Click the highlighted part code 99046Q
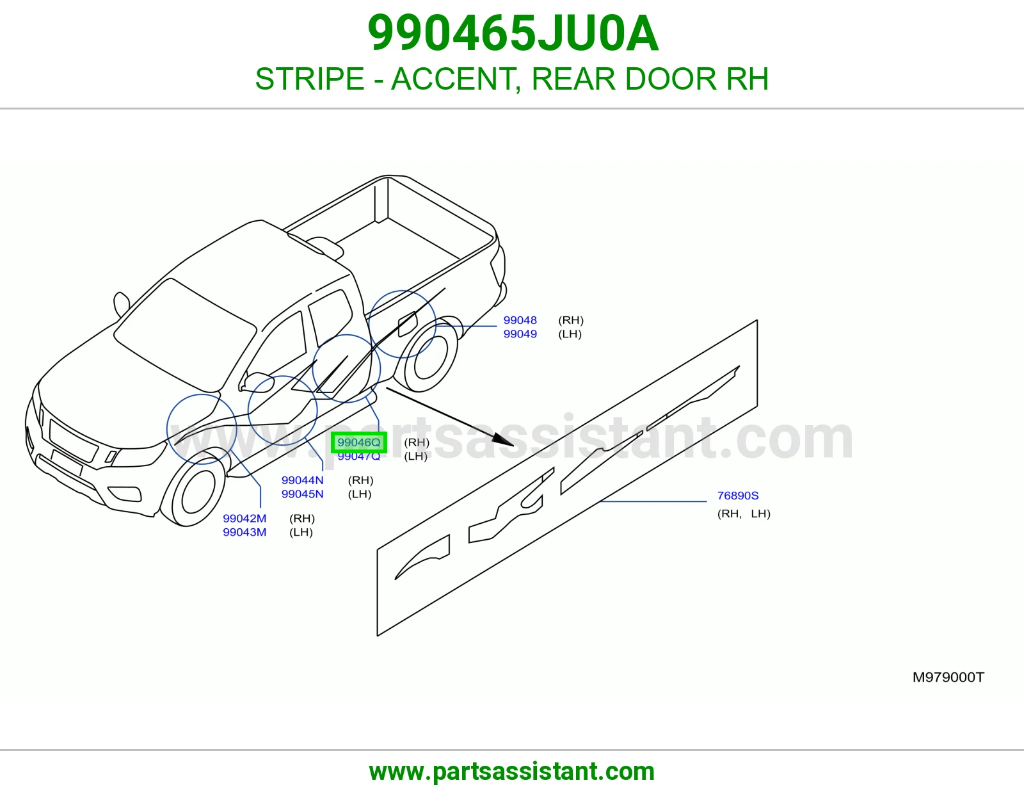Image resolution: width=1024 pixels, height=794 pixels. pyautogui.click(x=358, y=442)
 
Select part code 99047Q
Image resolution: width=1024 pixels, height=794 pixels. pyautogui.click(x=358, y=457)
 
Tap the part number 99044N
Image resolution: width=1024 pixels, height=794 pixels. pyautogui.click(x=303, y=480)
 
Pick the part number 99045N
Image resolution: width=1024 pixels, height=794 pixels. pyautogui.click(x=303, y=494)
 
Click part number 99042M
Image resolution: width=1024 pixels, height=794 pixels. pyautogui.click(x=244, y=518)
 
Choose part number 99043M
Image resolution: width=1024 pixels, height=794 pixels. pyautogui.click(x=244, y=532)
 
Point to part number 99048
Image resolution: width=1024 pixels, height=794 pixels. pyautogui.click(x=520, y=320)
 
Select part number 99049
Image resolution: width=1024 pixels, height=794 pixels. pyautogui.click(x=520, y=334)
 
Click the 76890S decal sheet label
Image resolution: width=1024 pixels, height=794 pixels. pyautogui.click(x=738, y=496)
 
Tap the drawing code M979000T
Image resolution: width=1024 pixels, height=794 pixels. pyautogui.click(x=948, y=677)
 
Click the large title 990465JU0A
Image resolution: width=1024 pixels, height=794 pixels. pyautogui.click(x=513, y=33)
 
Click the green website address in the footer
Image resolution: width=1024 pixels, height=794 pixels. pyautogui.click(x=512, y=772)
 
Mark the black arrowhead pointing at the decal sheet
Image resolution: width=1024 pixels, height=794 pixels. pyautogui.click(x=503, y=440)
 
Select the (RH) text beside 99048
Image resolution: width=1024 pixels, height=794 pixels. pyautogui.click(x=571, y=320)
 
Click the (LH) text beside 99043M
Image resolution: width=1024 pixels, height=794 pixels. pyautogui.click(x=301, y=532)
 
